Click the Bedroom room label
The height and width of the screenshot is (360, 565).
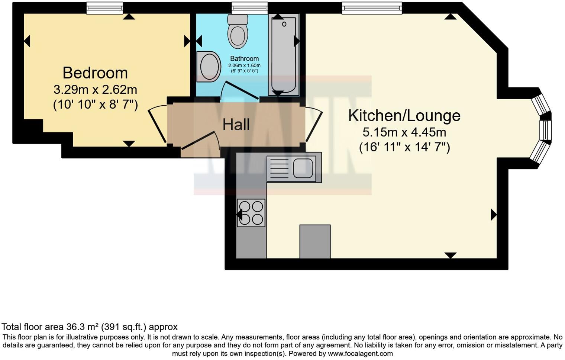click(x=95, y=73)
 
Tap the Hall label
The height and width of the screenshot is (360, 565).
click(x=236, y=125)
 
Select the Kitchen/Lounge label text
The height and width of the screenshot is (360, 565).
click(x=404, y=116)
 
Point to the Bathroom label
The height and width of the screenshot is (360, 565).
click(x=244, y=59)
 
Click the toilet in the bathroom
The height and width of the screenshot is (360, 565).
click(x=238, y=32)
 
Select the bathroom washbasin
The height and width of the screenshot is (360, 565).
click(x=208, y=67)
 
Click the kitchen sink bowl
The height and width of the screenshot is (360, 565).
click(x=303, y=168)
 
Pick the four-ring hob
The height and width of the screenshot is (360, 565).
click(x=251, y=213)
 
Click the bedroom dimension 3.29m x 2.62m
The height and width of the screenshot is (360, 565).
click(x=95, y=90)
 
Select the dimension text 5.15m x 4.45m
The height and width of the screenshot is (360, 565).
click(x=404, y=132)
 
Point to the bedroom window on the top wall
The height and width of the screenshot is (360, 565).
click(x=104, y=8)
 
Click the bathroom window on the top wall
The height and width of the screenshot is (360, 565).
click(x=249, y=8)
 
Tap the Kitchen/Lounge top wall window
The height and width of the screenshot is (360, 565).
click(x=372, y=8)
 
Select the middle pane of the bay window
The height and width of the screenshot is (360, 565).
click(x=546, y=130)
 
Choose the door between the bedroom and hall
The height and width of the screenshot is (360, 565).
click(x=157, y=124)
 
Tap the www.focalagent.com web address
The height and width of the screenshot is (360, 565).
click(x=360, y=354)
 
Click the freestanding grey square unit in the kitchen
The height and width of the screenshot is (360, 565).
click(x=315, y=241)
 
